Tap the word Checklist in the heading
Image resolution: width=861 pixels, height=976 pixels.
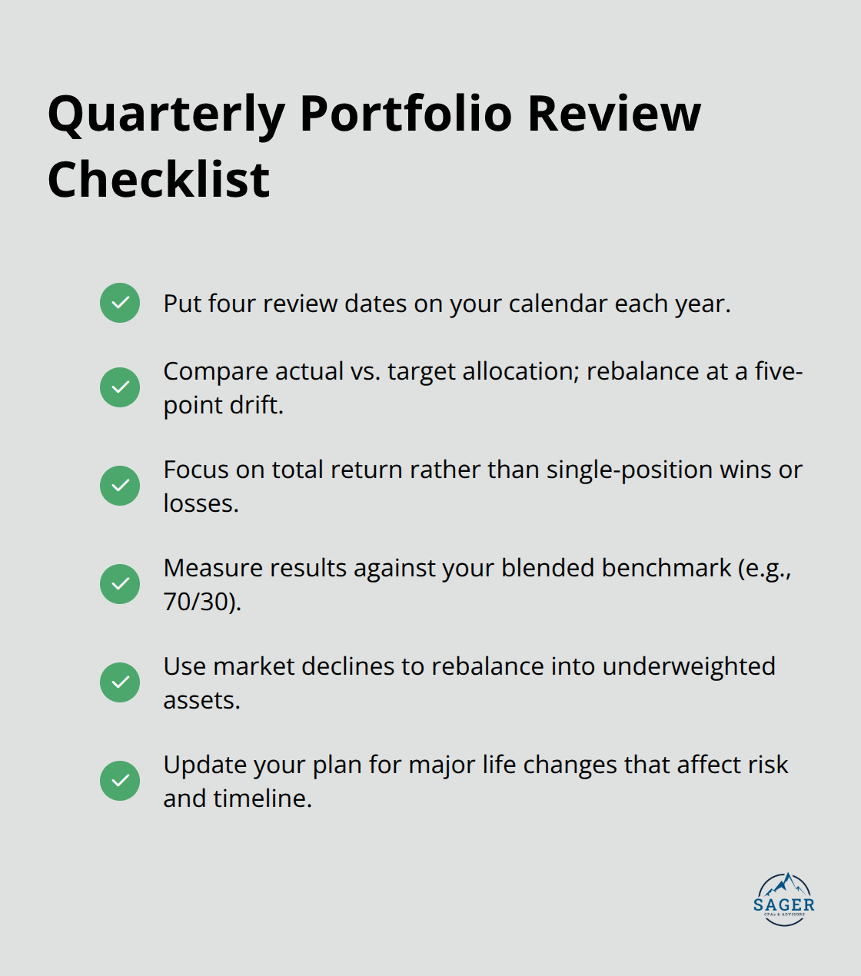[x=158, y=181]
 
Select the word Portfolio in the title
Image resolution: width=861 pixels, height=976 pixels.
[x=405, y=114]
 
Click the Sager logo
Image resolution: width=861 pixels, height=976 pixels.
[x=784, y=899]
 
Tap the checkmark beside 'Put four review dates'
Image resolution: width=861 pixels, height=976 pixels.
[x=120, y=303]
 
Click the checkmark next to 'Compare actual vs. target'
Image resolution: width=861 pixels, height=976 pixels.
[x=120, y=387]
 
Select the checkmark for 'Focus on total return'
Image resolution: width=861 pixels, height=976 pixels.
[x=120, y=486]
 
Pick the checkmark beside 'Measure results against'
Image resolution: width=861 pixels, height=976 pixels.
[x=120, y=584]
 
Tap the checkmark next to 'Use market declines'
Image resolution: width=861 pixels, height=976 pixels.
[x=120, y=682]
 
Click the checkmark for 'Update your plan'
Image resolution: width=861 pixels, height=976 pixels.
[x=120, y=781]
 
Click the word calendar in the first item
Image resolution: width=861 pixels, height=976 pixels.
[x=557, y=304]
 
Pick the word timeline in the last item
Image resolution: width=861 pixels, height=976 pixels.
[x=261, y=798]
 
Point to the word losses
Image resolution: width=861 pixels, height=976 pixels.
[x=200, y=503]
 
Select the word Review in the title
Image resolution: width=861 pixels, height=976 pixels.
[x=613, y=114]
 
